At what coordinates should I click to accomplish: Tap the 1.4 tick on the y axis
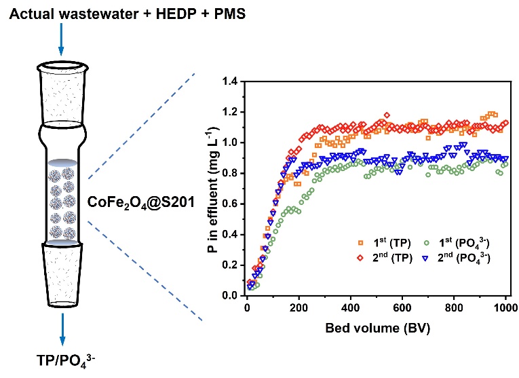point(233,81)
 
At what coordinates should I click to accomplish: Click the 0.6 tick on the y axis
point(233,204)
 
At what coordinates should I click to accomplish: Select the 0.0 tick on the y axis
point(233,296)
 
